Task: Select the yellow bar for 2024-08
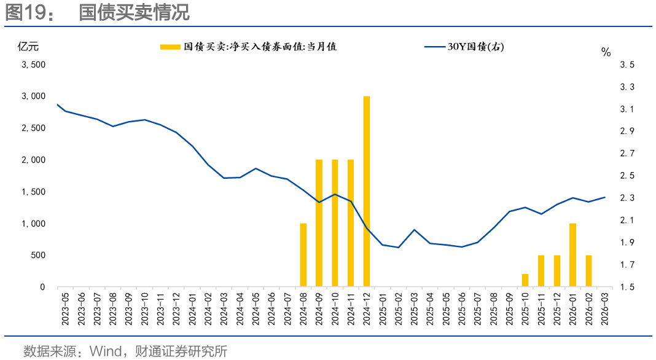303,255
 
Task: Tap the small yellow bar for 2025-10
525,280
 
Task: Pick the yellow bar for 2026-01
572,255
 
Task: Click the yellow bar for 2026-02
588,271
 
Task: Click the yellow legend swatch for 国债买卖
170,47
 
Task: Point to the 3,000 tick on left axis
33,96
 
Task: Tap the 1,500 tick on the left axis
33,192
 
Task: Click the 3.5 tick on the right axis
627,65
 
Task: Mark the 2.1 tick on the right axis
627,220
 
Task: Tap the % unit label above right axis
606,52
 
